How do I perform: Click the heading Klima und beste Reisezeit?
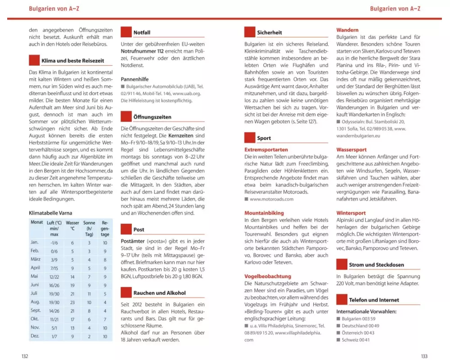(72, 60)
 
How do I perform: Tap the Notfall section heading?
(142, 32)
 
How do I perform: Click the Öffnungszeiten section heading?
(152, 117)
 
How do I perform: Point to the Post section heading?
(139, 229)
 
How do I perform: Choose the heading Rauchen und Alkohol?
(159, 293)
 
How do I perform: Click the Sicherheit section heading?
(270, 32)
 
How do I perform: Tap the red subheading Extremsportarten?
(266, 149)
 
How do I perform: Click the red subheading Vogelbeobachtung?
(268, 276)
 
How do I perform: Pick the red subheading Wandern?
(347, 30)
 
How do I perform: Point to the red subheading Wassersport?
(351, 149)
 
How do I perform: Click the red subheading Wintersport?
(351, 213)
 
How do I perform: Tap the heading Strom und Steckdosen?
(376, 265)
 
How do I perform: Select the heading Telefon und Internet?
(373, 300)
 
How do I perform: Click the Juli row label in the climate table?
(34, 293)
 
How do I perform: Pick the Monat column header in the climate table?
(36, 222)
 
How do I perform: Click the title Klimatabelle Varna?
(50, 212)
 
